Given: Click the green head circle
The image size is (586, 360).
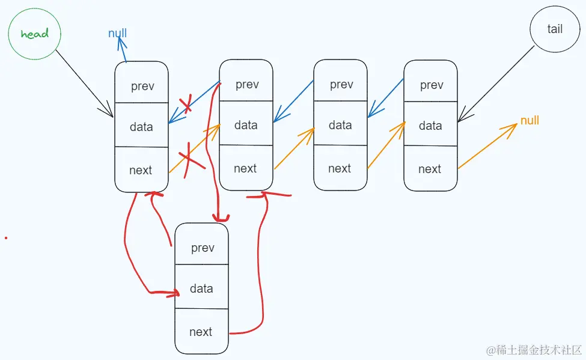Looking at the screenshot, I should coord(34,34).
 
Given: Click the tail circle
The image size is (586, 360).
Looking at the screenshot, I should coord(554,29).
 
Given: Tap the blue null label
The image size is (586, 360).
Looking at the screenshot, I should coord(118,33).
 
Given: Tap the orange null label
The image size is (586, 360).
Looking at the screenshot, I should coord(530,120).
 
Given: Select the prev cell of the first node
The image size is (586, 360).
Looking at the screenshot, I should coord(142,85).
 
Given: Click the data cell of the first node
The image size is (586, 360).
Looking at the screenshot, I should coord(141,126).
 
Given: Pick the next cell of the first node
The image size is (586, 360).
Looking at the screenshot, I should coord(141,170).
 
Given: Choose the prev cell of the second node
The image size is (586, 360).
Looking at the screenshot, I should coord(246,84).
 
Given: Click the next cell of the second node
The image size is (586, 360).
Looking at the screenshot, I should coord(245,168).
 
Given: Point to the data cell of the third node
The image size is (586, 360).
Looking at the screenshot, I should coord(340,125).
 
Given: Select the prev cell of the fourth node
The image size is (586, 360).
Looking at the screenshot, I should coord(431,85).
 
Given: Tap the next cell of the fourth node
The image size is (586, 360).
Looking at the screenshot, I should coord(430,169).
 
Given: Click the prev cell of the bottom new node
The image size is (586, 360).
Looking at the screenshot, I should coord(202,248).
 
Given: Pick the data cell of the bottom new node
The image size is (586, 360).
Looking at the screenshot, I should coord(201,288).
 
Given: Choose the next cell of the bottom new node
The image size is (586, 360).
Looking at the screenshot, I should coord(201,332).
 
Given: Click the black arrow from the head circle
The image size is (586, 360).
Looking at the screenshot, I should coord(84,84).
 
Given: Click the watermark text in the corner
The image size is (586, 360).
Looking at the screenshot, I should coord(534,349).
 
